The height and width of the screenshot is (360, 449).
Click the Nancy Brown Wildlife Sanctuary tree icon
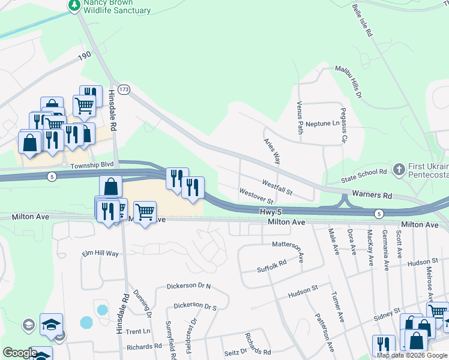pos(74,5)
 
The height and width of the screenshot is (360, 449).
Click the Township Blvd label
pos(92,164)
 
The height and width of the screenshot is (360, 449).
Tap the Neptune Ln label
pos(322,124)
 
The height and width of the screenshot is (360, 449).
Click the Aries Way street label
pos(273,151)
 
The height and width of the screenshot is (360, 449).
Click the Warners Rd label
pos(372,196)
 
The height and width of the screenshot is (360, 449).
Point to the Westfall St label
pos(277,187)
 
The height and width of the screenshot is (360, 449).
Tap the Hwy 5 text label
pos(271,212)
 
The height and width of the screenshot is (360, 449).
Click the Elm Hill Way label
pos(100,254)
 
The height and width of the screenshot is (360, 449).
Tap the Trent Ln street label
pos(138,331)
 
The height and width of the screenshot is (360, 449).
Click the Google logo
pos(20,353)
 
